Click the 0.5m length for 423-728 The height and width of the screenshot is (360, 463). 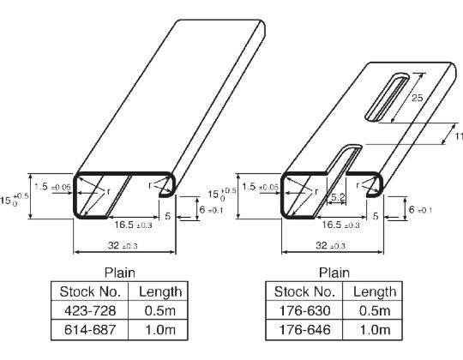pyautogui.click(x=159, y=309)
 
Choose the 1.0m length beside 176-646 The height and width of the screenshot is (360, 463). pyautogui.click(x=374, y=329)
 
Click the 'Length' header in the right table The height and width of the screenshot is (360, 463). pyautogui.click(x=374, y=291)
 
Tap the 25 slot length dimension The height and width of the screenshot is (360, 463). pyautogui.click(x=416, y=99)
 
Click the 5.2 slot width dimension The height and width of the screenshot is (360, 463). pyautogui.click(x=338, y=197)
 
